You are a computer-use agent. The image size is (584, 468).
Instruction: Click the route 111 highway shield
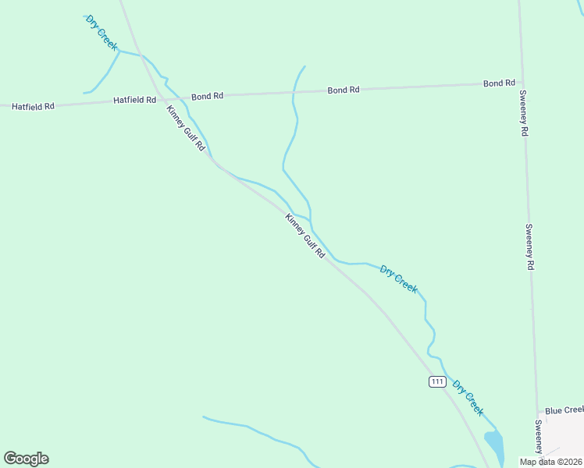point(437,381)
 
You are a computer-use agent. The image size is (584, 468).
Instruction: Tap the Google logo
point(26,459)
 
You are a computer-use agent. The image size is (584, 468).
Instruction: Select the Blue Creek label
point(564,410)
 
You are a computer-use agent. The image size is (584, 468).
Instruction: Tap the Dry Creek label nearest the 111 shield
point(468,399)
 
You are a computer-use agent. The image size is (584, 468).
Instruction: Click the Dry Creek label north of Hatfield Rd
point(101,32)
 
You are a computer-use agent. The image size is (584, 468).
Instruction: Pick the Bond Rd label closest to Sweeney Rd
point(499,83)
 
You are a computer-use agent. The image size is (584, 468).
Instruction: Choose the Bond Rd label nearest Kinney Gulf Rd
point(208,96)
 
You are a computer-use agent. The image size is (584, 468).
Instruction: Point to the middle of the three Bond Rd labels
point(344,90)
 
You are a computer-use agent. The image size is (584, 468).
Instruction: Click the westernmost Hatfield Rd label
point(33,105)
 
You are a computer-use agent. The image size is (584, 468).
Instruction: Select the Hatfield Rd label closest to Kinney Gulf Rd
point(134,100)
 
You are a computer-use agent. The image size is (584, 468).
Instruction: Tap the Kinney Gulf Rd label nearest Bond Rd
point(186,129)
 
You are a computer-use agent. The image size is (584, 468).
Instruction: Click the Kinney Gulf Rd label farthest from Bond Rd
point(304,236)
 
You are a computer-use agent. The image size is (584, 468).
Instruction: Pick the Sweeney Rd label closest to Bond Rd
point(525,114)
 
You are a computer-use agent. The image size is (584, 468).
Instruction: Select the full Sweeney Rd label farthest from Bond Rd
point(529,247)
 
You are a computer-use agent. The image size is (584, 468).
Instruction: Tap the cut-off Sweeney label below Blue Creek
point(539,436)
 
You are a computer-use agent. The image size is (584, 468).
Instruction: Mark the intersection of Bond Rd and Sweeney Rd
point(521,82)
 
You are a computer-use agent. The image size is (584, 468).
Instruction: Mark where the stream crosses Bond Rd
point(293,92)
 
